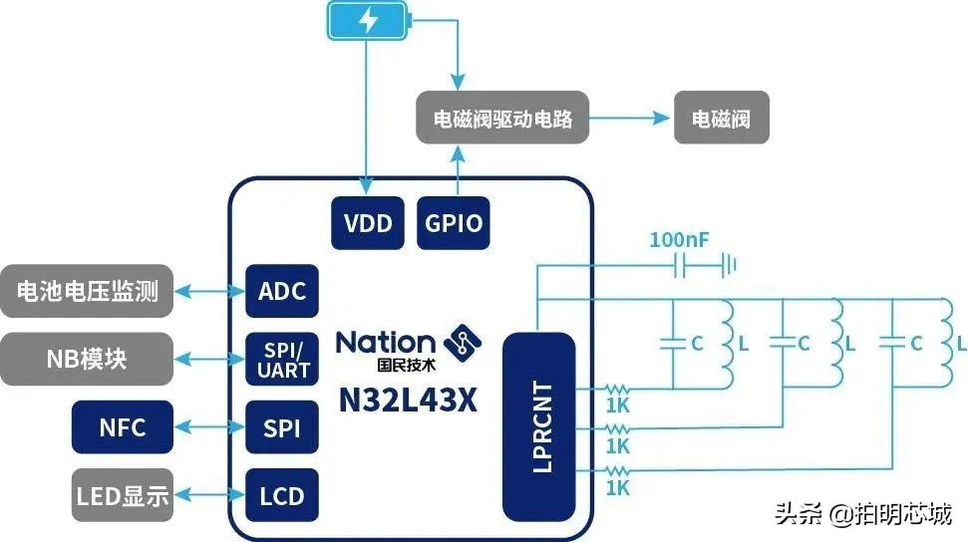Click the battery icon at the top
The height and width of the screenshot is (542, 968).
[x=368, y=21]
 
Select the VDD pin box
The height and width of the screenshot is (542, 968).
[x=368, y=223]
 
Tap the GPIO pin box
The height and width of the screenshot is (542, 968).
[x=455, y=223]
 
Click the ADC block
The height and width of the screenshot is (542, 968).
[x=282, y=292]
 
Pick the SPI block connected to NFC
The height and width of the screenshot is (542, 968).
[x=282, y=428]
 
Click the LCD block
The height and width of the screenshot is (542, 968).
[x=282, y=495]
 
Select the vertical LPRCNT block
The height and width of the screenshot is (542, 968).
[x=540, y=426]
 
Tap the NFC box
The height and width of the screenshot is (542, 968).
[x=123, y=428]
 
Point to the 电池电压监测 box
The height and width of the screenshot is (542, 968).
[x=87, y=292]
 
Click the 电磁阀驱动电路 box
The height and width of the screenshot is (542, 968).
[x=502, y=120]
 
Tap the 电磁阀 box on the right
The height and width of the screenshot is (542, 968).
[x=722, y=120]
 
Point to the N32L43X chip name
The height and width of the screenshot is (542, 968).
[x=409, y=402]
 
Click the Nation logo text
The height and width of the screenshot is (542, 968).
[x=386, y=342]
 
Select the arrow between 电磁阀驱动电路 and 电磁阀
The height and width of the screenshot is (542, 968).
[x=631, y=120]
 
